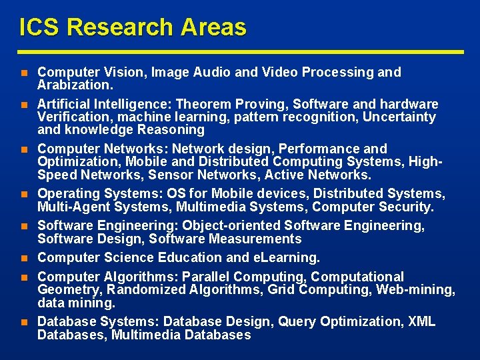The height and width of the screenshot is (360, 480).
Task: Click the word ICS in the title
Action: click(39, 27)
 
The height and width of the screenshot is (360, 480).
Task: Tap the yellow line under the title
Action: click(240, 51)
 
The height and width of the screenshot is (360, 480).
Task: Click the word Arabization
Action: click(75, 85)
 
